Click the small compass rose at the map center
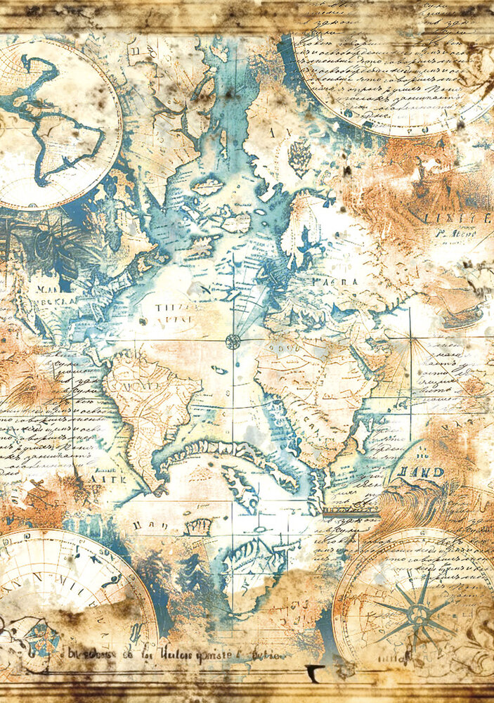pyautogui.click(x=233, y=342)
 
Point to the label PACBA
pyautogui.click(x=340, y=281)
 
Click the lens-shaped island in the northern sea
pyautogui.click(x=208, y=186)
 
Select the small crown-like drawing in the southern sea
pyautogui.click(x=200, y=525)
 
